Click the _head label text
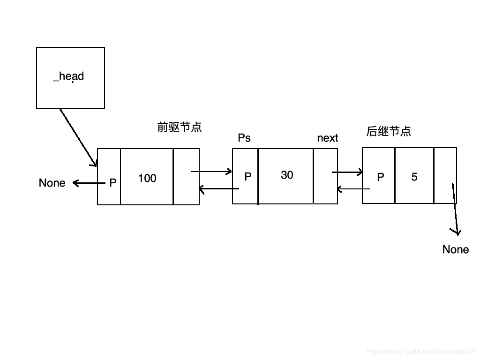coord(68,76)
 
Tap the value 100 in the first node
coord(147,178)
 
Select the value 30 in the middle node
coord(287,175)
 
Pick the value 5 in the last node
coord(414,177)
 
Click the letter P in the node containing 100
coord(112,183)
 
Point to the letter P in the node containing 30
coord(248,176)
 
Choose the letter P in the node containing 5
coord(381,177)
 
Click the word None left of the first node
coord(52,183)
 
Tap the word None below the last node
coord(456,249)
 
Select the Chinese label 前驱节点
coord(180,127)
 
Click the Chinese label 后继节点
coord(389,131)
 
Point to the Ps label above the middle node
coord(244,138)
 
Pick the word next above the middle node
coord(328,138)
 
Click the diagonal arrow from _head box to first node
coord(78,137)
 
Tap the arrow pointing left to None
coord(88,183)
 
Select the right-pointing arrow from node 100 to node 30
coord(211,172)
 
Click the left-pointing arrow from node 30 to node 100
coord(219,189)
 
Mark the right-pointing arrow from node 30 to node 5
coord(347,172)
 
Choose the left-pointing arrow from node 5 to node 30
coord(353,189)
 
